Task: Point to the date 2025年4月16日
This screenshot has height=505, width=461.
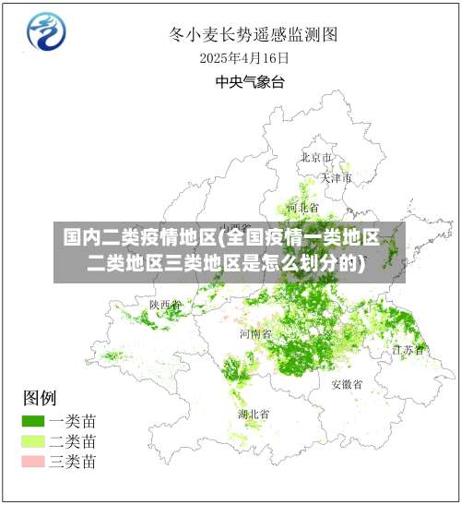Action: (244, 58)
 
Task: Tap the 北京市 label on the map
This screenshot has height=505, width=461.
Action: (315, 158)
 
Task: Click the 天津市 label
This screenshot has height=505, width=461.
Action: (337, 177)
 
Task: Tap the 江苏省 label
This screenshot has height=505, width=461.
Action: (408, 350)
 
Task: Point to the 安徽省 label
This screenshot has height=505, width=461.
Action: (347, 384)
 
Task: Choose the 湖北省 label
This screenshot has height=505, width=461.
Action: (253, 414)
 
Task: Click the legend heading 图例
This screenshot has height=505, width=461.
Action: (40, 399)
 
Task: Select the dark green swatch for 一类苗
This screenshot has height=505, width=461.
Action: (33, 420)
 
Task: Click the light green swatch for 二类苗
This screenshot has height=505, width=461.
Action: (33, 440)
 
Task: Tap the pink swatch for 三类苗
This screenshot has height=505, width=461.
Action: (33, 461)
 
